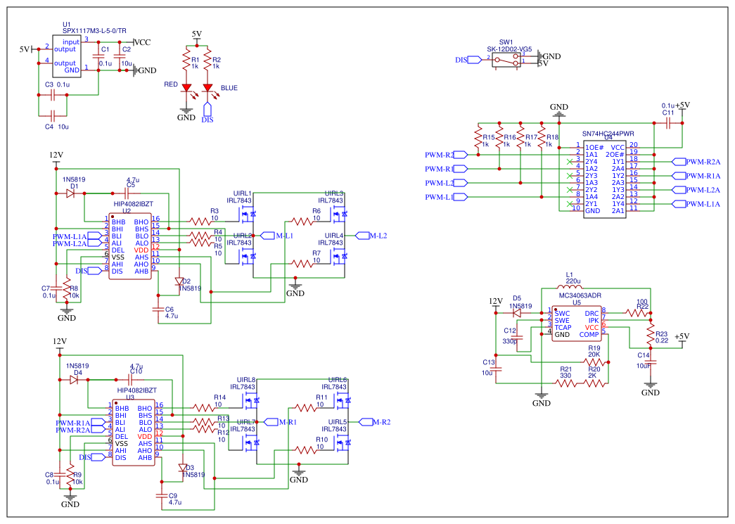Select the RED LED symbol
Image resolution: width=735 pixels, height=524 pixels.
coord(186,89)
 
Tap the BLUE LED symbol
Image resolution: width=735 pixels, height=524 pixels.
coord(207,89)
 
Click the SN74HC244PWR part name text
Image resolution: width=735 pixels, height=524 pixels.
coord(608,132)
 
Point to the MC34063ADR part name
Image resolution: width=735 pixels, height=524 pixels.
coord(580,296)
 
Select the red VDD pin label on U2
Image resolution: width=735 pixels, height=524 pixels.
coord(141,250)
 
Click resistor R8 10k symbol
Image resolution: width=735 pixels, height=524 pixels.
coord(67,289)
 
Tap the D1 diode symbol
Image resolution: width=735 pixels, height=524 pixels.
coord(71,193)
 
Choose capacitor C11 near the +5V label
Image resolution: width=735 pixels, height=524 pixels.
coord(668,122)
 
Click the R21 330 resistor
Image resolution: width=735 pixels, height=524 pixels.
coord(565,384)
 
